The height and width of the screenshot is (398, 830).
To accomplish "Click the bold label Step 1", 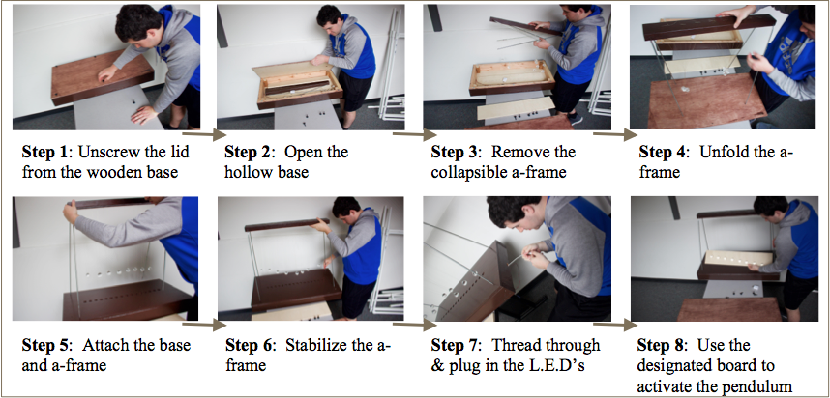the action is pos(44,153).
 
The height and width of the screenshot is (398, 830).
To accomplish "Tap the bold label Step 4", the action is pos(663,153).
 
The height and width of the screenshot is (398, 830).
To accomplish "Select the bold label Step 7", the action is pos(454,346).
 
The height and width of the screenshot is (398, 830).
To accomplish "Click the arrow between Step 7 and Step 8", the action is pos(615,326).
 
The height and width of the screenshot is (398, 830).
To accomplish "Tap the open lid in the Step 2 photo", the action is pos(288,69).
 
